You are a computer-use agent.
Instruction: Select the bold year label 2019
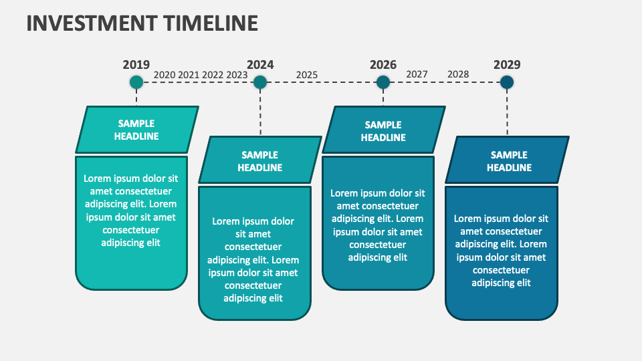tap(136, 65)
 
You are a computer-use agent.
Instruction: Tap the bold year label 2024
tap(260, 65)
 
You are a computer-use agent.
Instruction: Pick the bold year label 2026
tap(383, 65)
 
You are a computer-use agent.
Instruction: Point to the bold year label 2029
tap(507, 65)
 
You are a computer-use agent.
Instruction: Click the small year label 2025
tap(307, 75)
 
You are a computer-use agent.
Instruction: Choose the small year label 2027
tap(417, 74)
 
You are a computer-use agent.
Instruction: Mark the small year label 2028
tap(458, 74)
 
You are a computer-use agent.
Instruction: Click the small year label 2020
tap(164, 75)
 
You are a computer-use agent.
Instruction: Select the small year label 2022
tap(213, 75)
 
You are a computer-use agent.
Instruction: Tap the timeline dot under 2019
tap(136, 82)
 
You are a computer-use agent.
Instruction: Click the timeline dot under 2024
tap(260, 82)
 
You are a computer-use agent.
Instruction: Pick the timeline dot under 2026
tap(383, 82)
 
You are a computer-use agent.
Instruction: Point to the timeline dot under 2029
tap(507, 82)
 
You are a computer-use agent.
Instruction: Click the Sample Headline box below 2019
tap(136, 130)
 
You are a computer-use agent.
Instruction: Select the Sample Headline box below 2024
tap(260, 160)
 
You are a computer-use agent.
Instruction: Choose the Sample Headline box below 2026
tap(383, 130)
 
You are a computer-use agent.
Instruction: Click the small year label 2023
tap(237, 75)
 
